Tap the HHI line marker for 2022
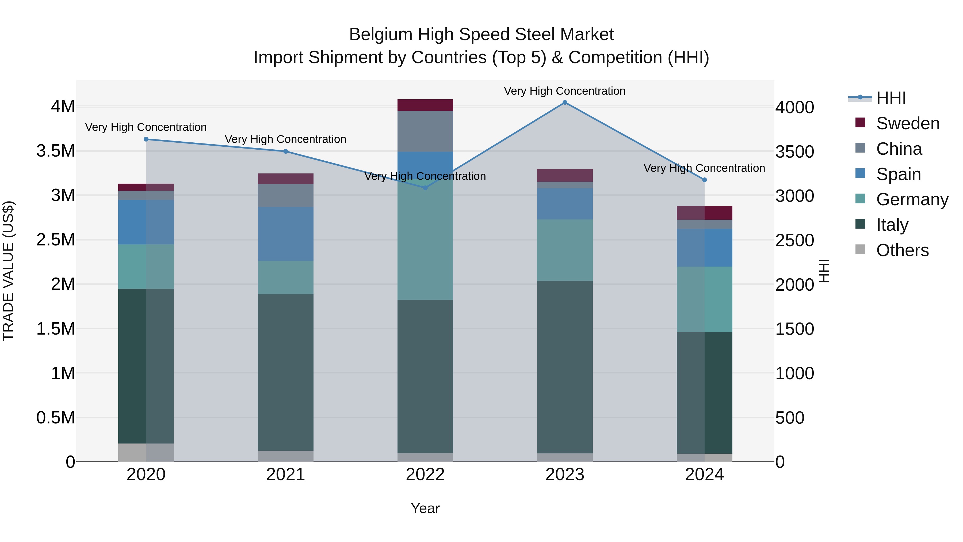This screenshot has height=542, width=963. tap(425, 188)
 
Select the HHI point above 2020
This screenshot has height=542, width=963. tap(146, 139)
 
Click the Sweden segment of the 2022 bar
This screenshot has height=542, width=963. tap(425, 105)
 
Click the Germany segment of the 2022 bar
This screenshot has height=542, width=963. tap(425, 239)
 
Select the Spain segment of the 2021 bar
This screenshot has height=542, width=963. tap(286, 234)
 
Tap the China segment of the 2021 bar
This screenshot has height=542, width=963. tap(286, 195)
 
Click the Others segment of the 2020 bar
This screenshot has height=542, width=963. tap(146, 452)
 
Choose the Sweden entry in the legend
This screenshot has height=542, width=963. tap(907, 123)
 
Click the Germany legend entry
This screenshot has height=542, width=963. tap(912, 199)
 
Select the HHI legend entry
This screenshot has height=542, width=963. tap(891, 98)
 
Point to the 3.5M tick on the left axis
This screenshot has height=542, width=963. tap(55, 151)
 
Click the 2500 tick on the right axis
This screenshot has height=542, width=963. tap(794, 240)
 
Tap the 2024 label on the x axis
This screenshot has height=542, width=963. tap(704, 475)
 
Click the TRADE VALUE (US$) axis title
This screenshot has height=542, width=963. tap(8, 271)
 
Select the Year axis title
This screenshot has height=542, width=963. tap(425, 508)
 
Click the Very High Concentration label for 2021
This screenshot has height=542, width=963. tap(286, 139)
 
